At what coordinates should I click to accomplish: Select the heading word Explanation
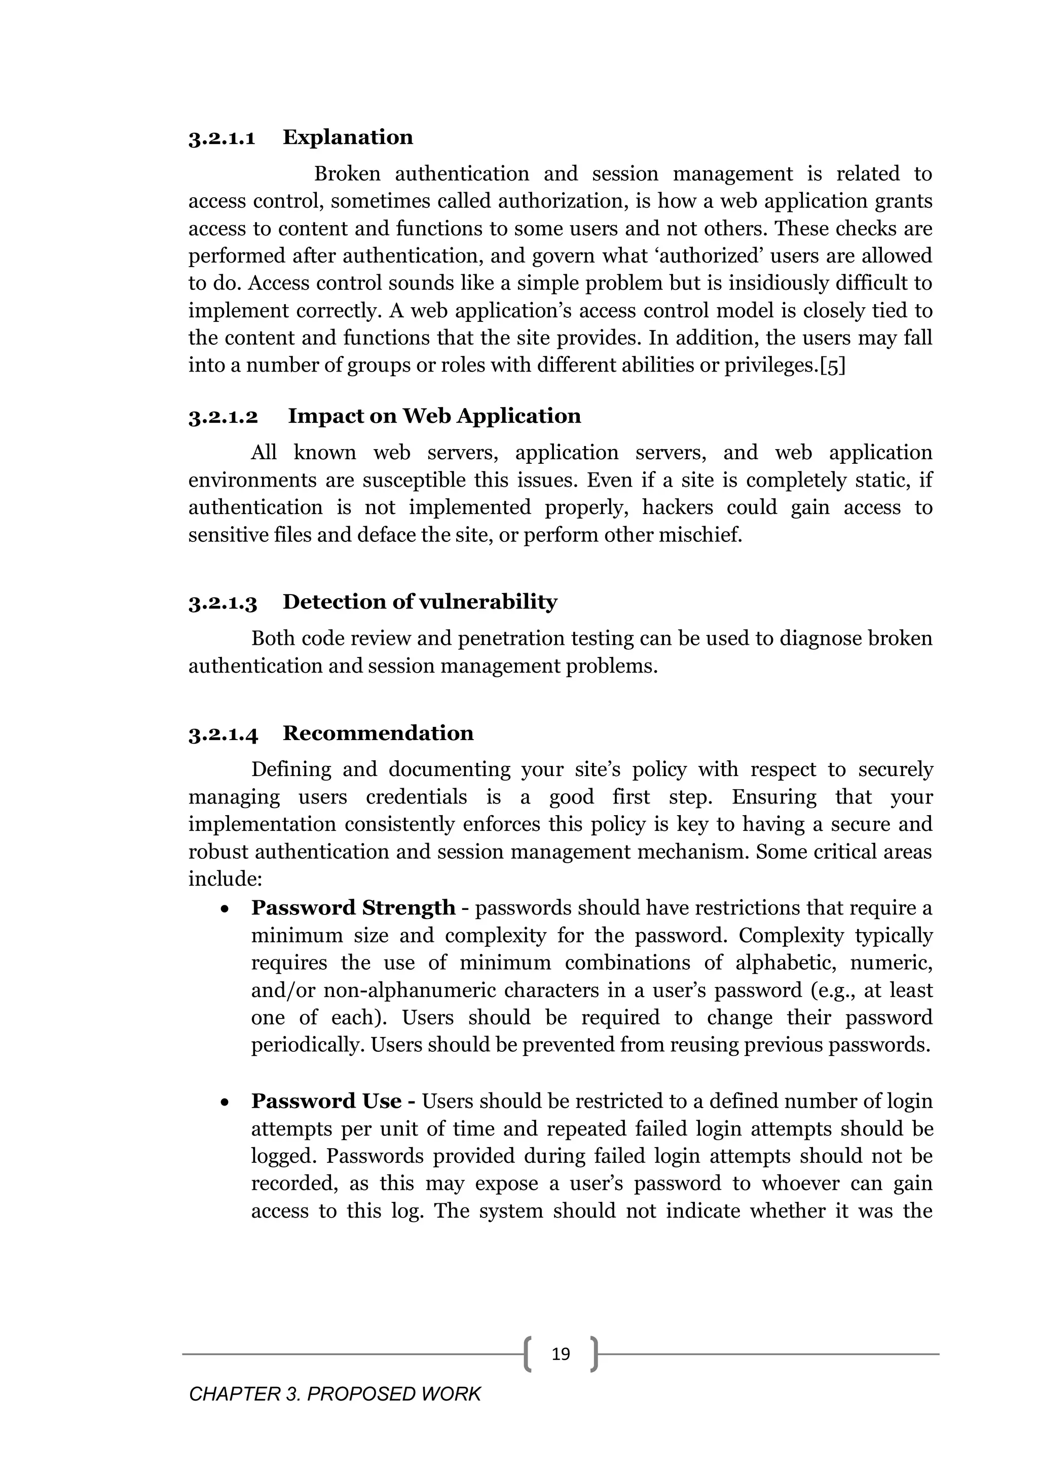pos(348,137)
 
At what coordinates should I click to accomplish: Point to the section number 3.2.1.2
pos(223,417)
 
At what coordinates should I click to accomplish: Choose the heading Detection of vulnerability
pos(420,602)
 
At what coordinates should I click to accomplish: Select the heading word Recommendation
pos(378,733)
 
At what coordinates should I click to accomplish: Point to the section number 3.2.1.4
pos(223,734)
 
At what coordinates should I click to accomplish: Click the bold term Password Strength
pos(353,908)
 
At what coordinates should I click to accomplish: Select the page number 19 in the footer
pos(561,1349)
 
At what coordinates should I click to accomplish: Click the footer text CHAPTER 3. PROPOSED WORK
pos(335,1394)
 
